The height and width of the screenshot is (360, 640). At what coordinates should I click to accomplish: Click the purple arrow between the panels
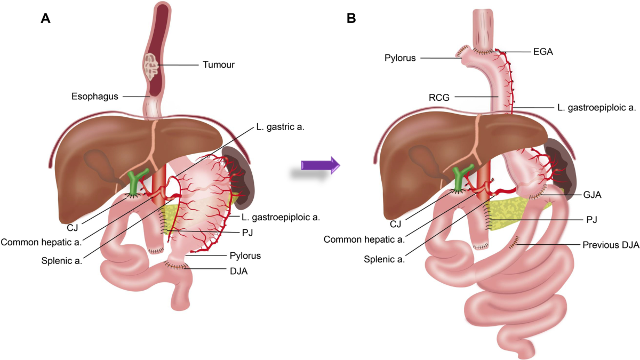(x=321, y=165)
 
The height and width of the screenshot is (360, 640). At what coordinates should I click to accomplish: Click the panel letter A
(x=46, y=19)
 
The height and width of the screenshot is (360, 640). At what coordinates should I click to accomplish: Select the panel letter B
(x=351, y=19)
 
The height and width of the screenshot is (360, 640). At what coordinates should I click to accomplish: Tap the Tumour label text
(x=219, y=65)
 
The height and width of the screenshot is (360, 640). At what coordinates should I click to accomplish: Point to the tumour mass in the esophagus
(x=150, y=67)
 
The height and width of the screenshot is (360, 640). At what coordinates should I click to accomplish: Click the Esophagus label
(x=94, y=97)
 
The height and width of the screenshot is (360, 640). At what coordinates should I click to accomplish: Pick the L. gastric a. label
(x=281, y=127)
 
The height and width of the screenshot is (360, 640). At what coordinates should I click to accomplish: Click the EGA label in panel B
(x=543, y=52)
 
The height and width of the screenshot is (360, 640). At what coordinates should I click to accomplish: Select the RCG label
(x=439, y=98)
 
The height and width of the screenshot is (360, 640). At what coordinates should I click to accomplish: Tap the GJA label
(x=593, y=195)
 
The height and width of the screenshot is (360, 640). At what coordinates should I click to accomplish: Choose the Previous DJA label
(x=611, y=245)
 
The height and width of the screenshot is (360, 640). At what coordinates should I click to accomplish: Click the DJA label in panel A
(x=238, y=271)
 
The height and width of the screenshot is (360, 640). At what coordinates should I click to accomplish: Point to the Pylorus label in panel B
(x=400, y=58)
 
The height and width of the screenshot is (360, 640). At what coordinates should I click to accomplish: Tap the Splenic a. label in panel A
(x=62, y=261)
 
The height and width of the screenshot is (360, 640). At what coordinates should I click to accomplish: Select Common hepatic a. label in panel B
(x=364, y=239)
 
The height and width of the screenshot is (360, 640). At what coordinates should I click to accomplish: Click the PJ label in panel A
(x=247, y=233)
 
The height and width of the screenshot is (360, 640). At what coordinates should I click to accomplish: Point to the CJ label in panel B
(x=395, y=225)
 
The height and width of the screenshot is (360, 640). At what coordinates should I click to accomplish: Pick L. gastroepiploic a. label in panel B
(x=597, y=108)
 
